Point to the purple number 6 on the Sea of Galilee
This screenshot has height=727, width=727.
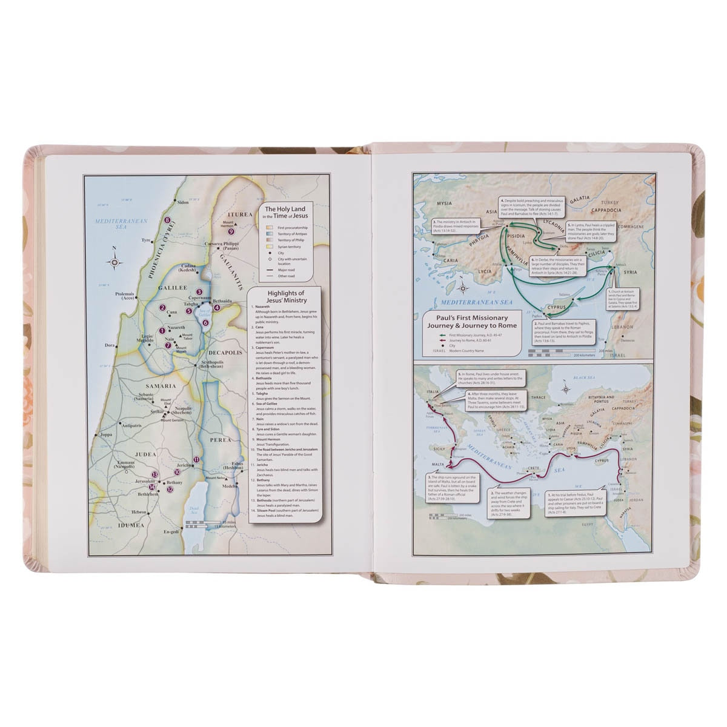point(206,322)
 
